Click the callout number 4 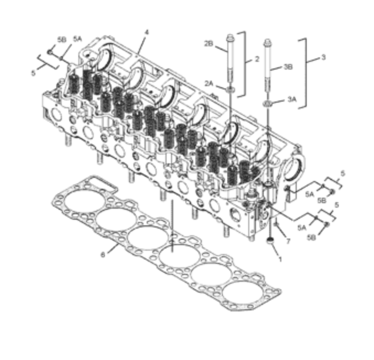(x=147, y=32)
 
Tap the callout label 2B (x=209, y=44)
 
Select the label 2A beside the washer (x=209, y=83)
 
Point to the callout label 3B (x=288, y=67)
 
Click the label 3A (x=292, y=99)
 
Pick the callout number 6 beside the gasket (x=103, y=255)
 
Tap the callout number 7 (x=288, y=241)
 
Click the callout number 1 (x=280, y=259)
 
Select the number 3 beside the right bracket (x=323, y=57)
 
